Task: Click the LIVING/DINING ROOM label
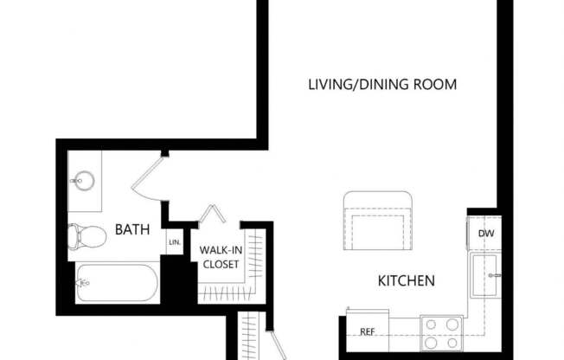382,85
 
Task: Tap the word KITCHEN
406,281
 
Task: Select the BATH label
132,230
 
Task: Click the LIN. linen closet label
175,243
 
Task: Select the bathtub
116,283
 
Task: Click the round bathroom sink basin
85,182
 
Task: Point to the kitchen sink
484,276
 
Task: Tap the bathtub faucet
83,282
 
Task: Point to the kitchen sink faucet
497,275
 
